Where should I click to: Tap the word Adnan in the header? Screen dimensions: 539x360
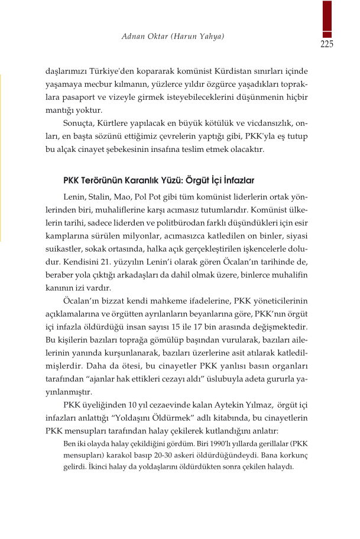click(x=134, y=37)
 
